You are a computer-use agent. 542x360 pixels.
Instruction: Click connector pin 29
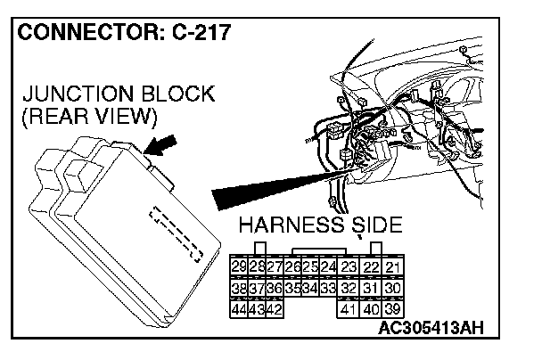(x=239, y=267)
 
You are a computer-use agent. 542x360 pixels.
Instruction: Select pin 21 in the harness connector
(x=393, y=267)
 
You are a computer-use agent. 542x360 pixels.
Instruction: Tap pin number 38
(x=239, y=288)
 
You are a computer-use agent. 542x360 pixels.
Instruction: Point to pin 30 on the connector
(x=393, y=288)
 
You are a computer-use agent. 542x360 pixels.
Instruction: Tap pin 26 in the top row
(x=292, y=267)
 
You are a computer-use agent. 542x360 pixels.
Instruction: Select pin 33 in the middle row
(x=327, y=288)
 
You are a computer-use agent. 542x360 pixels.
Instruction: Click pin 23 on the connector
(x=349, y=267)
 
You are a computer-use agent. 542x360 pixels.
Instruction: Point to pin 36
(x=275, y=288)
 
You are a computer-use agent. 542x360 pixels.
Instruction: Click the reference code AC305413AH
(x=431, y=328)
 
